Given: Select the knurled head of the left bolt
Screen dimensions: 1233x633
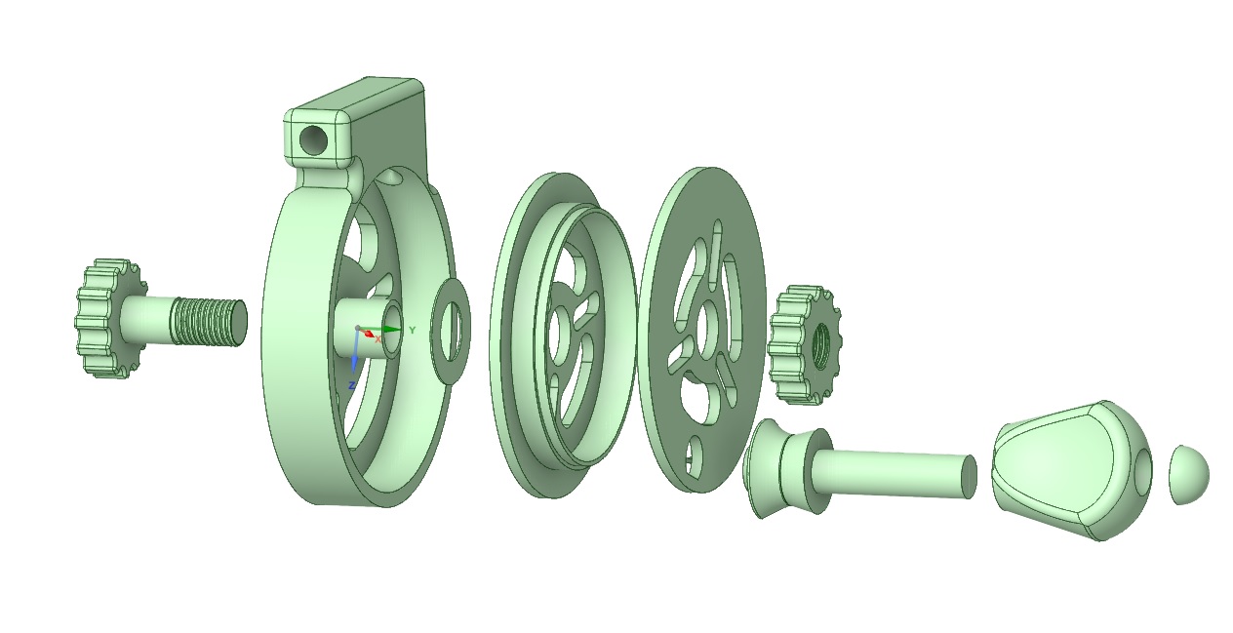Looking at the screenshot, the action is point(110,319).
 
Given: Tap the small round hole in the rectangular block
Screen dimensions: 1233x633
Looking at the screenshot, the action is point(314,139).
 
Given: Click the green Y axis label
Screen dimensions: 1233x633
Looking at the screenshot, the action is point(413,331).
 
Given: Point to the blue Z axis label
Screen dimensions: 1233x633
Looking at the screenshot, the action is point(351,386).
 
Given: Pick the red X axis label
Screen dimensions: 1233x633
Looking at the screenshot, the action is point(378,339).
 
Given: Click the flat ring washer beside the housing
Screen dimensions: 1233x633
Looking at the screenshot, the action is point(451,331).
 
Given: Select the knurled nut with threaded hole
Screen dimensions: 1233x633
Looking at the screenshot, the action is point(804,345).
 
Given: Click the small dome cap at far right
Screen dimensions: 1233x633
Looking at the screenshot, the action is point(1189,474).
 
